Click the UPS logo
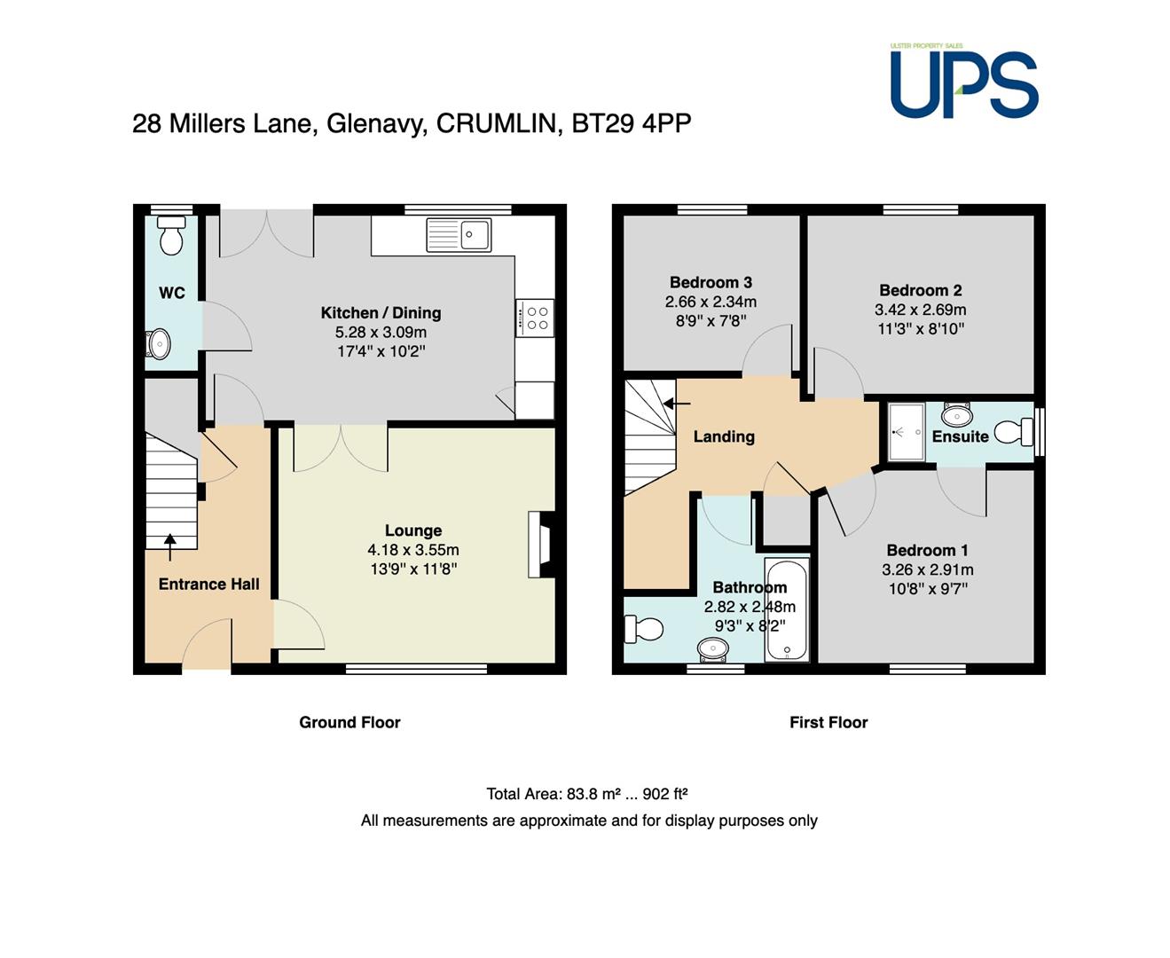click(963, 81)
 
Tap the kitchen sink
click(459, 235)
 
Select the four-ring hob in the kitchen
click(534, 318)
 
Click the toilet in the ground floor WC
click(171, 235)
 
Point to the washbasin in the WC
click(158, 344)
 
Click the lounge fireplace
click(541, 544)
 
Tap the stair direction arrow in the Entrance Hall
click(169, 547)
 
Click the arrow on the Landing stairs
click(677, 404)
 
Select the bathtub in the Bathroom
click(787, 609)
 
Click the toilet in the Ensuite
click(1013, 432)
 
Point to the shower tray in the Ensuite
click(906, 432)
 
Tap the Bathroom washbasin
click(713, 649)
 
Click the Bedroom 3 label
click(711, 282)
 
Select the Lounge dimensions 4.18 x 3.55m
click(413, 550)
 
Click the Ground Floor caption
click(349, 722)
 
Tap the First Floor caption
click(828, 722)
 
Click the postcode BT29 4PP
click(632, 123)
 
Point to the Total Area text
click(587, 794)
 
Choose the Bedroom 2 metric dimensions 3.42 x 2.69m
click(921, 310)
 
